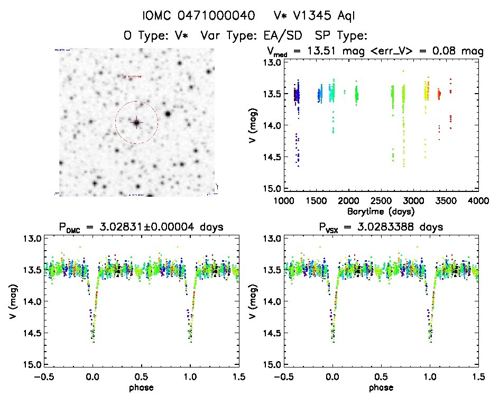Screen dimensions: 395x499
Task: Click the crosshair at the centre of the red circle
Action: coord(136,123)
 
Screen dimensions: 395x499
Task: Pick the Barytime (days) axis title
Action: coord(380,211)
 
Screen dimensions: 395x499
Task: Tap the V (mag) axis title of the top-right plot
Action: coord(252,125)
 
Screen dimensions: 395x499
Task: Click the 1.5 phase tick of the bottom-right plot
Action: coord(478,376)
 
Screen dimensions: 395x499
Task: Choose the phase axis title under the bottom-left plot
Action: coord(141,387)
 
